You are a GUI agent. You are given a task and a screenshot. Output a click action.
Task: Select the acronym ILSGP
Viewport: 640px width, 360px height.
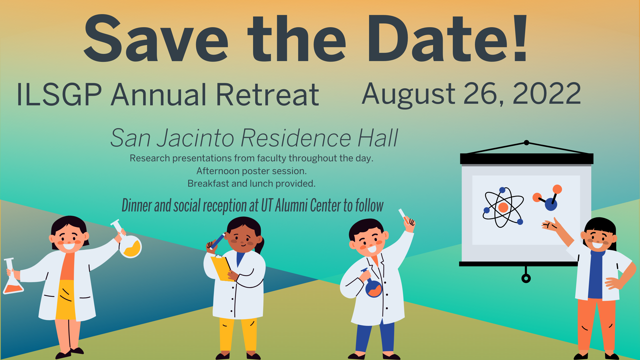coord(59,94)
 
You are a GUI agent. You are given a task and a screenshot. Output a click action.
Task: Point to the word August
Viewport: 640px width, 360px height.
coord(409,95)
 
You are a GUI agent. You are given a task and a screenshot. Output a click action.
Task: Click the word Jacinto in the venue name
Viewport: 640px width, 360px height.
coord(195,138)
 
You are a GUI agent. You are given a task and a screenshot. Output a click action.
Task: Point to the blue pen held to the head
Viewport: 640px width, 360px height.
coord(218,241)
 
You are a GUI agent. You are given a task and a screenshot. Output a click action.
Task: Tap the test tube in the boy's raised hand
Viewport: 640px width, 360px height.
coord(404,217)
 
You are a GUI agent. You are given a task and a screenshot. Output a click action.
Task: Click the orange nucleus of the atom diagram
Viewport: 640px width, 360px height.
coord(503,207)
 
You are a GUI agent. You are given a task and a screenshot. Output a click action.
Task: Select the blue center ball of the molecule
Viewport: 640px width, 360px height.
coord(551,204)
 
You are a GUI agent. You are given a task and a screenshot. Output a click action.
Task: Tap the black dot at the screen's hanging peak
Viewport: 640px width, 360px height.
coord(526,143)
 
